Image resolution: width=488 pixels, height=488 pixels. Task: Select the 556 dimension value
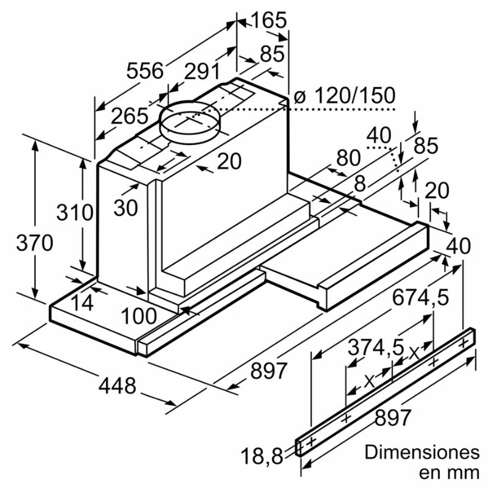tap(145, 71)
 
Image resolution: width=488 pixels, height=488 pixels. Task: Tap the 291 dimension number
tap(202, 72)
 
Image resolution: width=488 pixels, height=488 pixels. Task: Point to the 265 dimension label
tap(130, 116)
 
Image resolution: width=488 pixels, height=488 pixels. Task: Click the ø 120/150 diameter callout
tap(344, 96)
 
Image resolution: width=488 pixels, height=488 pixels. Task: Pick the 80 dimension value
tap(348, 158)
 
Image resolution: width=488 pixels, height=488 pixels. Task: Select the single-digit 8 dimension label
tap(359, 182)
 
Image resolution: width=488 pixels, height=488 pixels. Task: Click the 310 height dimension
tap(74, 213)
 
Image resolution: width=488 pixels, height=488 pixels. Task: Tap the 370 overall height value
tap(34, 243)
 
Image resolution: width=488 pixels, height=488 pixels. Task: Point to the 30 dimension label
tap(126, 207)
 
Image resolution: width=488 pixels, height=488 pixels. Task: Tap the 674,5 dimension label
tap(420, 298)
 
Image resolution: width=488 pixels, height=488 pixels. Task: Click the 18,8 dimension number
tap(262, 454)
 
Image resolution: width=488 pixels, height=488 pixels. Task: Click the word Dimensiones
tap(422, 453)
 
